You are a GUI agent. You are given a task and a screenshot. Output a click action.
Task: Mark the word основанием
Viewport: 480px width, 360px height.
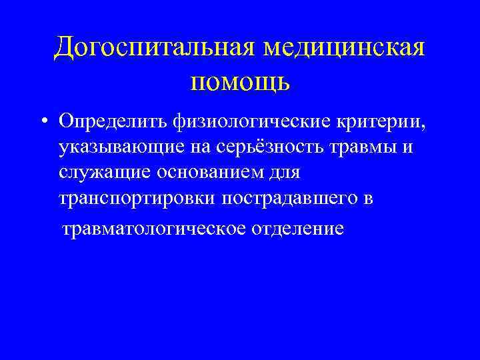[x=215, y=173]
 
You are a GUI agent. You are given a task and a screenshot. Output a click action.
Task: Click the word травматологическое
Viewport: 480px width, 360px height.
[x=155, y=229]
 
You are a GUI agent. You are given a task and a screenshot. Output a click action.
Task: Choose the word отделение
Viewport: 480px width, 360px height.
[x=299, y=229]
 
